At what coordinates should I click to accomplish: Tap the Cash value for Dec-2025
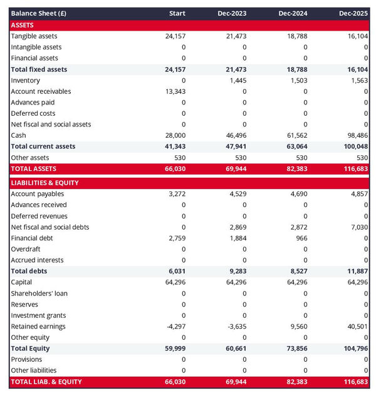[357, 135]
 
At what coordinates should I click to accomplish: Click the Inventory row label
[26, 80]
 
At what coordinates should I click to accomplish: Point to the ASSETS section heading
[23, 24]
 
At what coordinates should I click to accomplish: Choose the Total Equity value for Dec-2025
[355, 348]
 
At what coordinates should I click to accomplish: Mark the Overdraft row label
[26, 249]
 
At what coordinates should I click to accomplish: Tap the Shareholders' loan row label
[39, 293]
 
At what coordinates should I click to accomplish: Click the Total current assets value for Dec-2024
[296, 146]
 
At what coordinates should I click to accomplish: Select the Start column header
[177, 13]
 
